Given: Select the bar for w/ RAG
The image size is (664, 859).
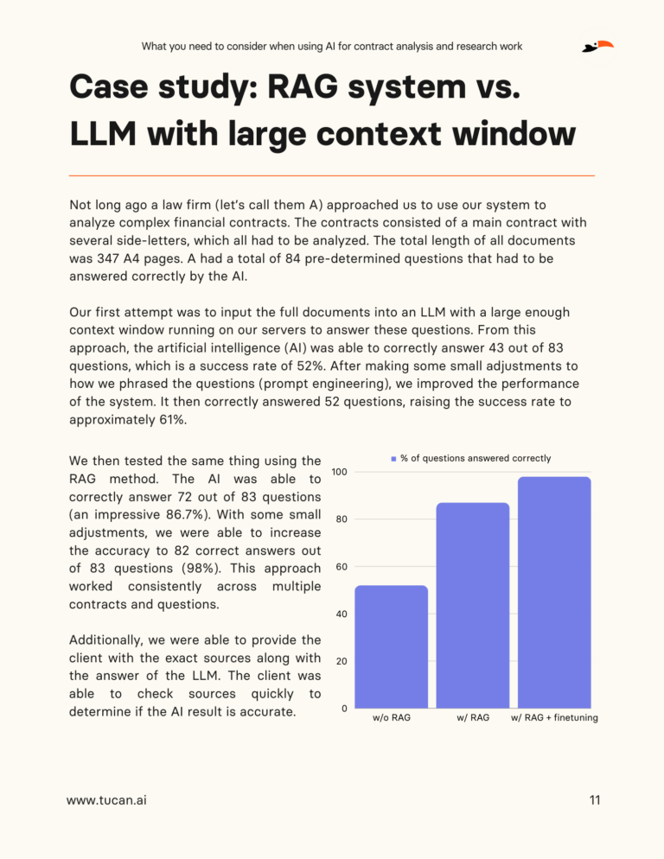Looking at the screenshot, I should coord(472,605).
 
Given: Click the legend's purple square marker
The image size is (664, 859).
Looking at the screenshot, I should coord(393,458).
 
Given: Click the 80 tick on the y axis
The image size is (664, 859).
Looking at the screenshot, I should coord(341,519).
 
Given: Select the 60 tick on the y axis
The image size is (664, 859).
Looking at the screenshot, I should coord(341,567).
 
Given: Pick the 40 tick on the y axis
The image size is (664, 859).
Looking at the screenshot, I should coord(341,614).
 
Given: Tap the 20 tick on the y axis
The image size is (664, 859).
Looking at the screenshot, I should coord(341,662).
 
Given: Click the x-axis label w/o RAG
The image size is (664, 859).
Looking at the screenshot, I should coord(391,718).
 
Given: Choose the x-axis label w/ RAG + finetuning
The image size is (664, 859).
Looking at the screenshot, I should coord(554,718).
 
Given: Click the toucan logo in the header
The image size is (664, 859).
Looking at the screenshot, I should coord(598,46).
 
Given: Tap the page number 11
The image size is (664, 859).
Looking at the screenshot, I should coord(594,800).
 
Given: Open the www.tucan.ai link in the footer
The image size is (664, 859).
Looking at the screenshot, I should coord(106,800).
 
